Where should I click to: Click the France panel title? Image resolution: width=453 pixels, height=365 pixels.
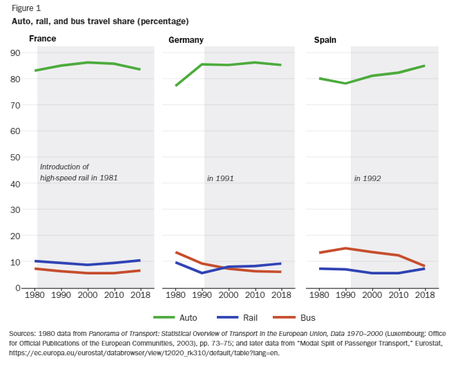pos(42,39)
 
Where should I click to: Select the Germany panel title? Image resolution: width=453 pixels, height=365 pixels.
pos(186,39)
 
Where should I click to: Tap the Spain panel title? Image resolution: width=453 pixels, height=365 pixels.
pos(325,39)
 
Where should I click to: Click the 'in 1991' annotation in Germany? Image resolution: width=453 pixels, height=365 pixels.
pos(220,178)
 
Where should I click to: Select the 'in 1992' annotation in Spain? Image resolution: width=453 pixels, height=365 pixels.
pos(367,178)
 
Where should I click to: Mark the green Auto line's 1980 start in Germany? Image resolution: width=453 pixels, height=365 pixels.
pos(176,86)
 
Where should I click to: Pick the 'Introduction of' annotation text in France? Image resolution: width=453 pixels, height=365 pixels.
pos(65,167)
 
